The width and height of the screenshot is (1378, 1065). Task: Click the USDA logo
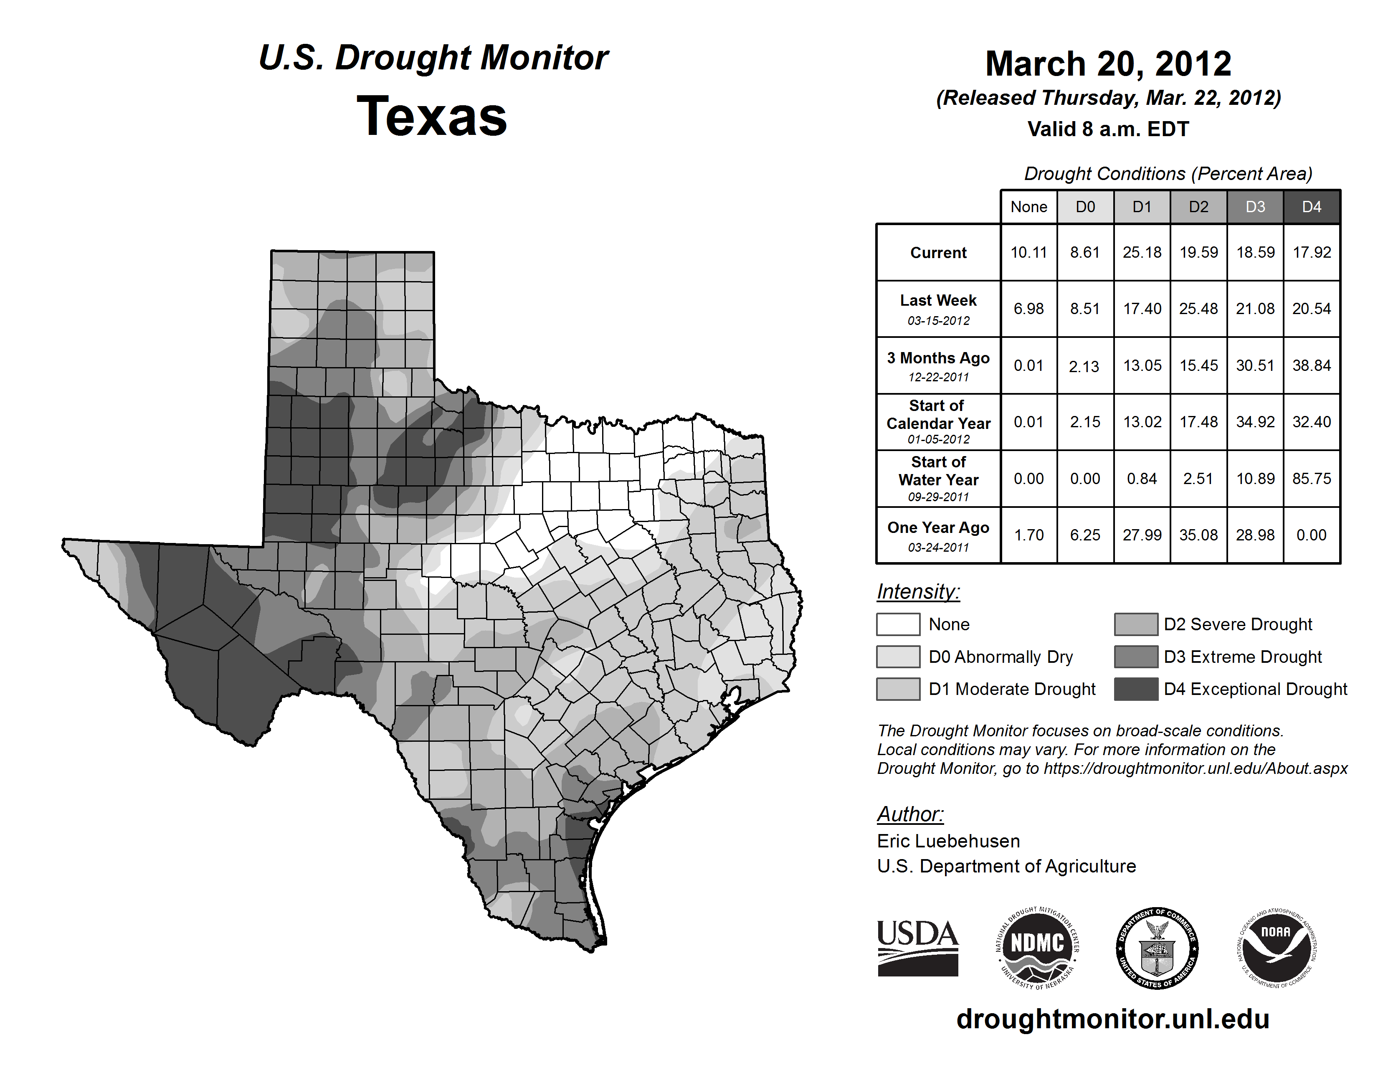pos(917,948)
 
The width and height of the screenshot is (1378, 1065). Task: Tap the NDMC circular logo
pos(1037,948)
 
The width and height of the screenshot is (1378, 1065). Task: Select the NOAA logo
pos(1276,948)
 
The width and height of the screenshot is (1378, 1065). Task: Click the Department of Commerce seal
pos(1157,948)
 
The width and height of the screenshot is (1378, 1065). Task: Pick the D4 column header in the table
pos(1311,207)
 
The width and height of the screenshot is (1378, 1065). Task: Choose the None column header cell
pos(1028,207)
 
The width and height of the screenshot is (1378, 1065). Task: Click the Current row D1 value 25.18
pos(1141,252)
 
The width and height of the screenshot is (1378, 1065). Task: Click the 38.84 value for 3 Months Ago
pos(1311,365)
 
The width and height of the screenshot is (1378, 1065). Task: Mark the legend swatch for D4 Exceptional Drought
pos(1136,689)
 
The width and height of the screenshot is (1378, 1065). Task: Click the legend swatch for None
pos(898,624)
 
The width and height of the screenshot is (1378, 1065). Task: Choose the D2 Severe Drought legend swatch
pos(1136,624)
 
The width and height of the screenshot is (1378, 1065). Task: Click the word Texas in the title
pos(432,116)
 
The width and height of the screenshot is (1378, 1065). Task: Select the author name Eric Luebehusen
pos(948,841)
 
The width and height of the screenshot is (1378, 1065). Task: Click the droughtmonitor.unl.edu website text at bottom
pos(1112,1019)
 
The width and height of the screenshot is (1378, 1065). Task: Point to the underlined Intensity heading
pos(918,592)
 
